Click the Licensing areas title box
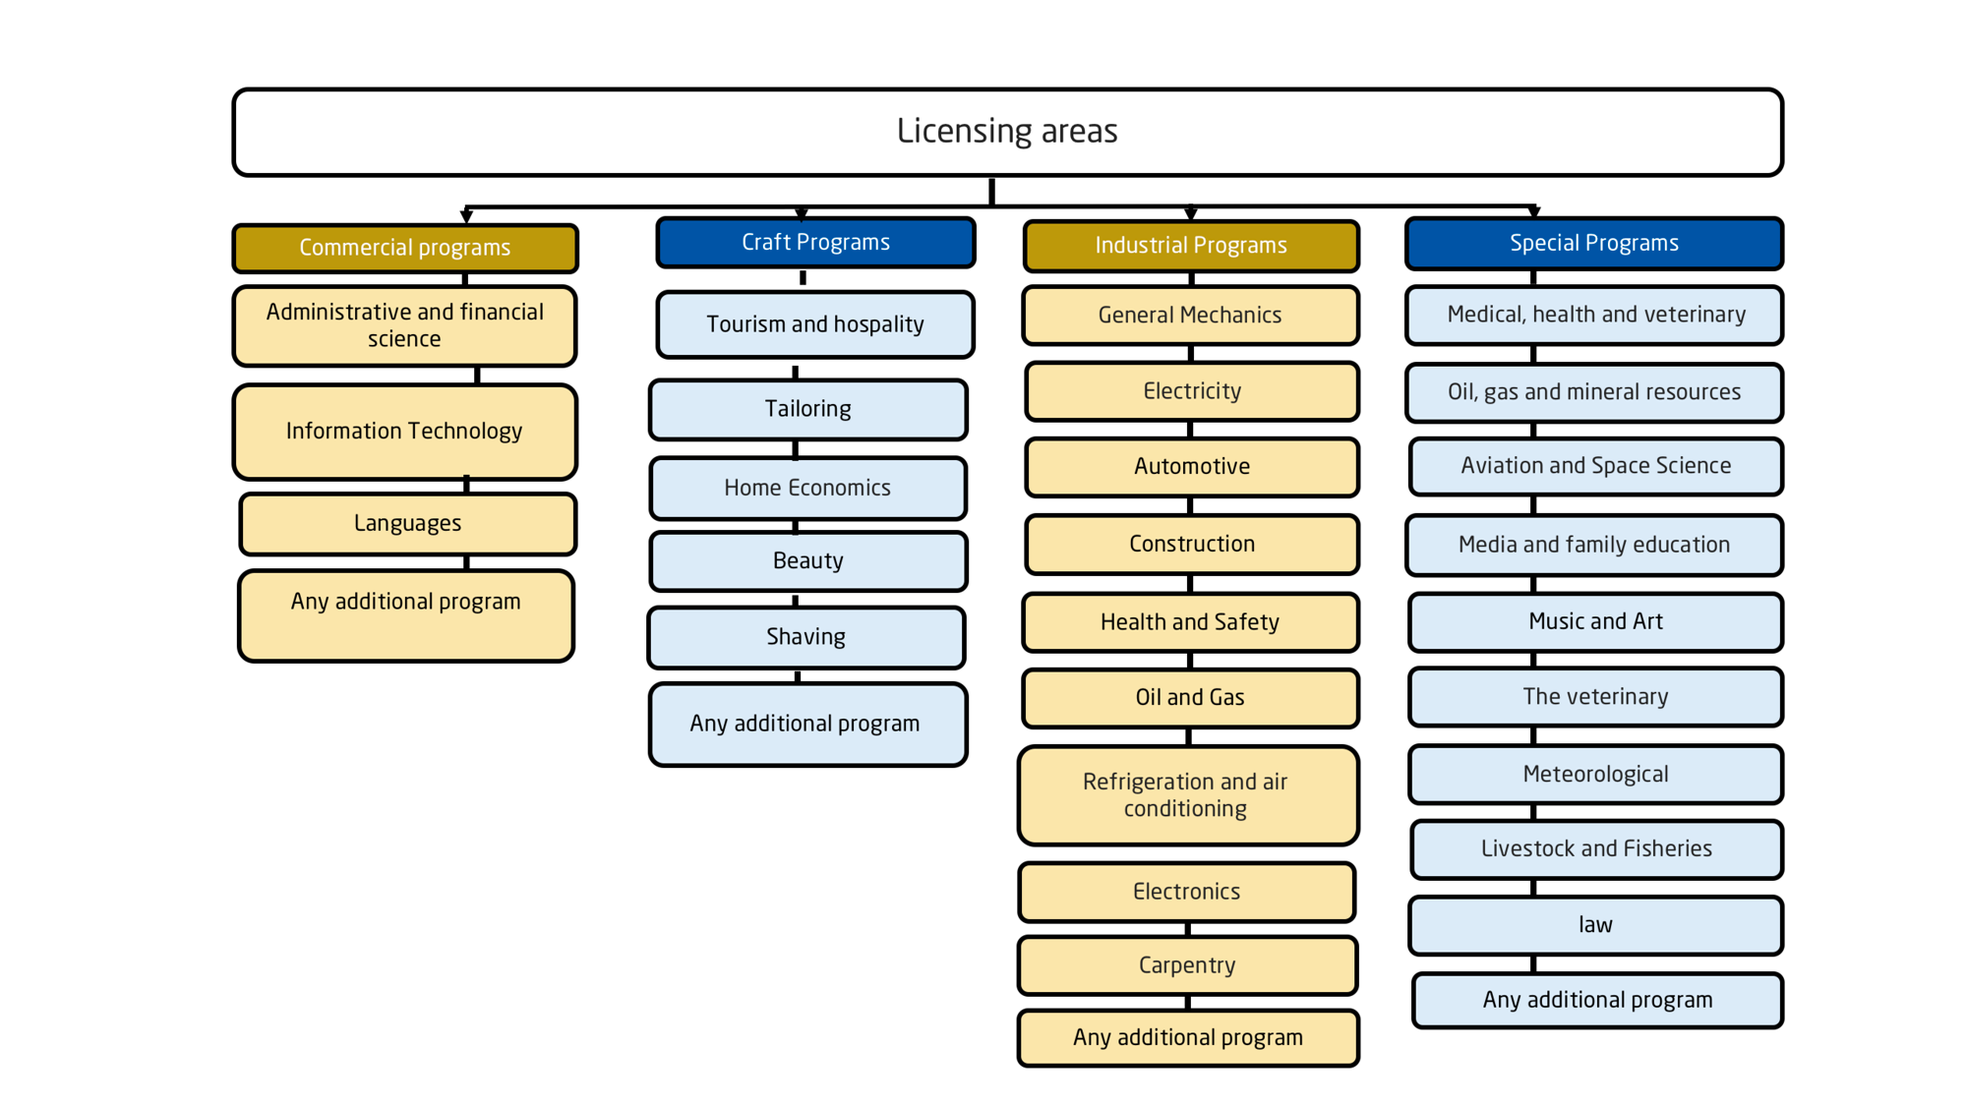[1007, 132]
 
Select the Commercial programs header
[405, 248]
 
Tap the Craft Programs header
[815, 242]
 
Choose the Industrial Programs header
[1191, 246]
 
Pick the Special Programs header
[1594, 243]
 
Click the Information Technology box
[404, 432]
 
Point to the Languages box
[407, 524]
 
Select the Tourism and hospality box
[815, 324]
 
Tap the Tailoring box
[808, 409]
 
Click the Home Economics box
[808, 488]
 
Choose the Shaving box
[806, 637]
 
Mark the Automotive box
[1192, 467]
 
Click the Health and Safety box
[1190, 622]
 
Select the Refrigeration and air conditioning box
[1188, 795]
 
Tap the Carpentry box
[1187, 965]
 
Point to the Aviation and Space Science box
[1595, 466]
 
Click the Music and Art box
[1595, 622]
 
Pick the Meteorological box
[1595, 775]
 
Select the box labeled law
[1595, 925]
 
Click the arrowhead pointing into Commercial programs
[466, 216]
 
